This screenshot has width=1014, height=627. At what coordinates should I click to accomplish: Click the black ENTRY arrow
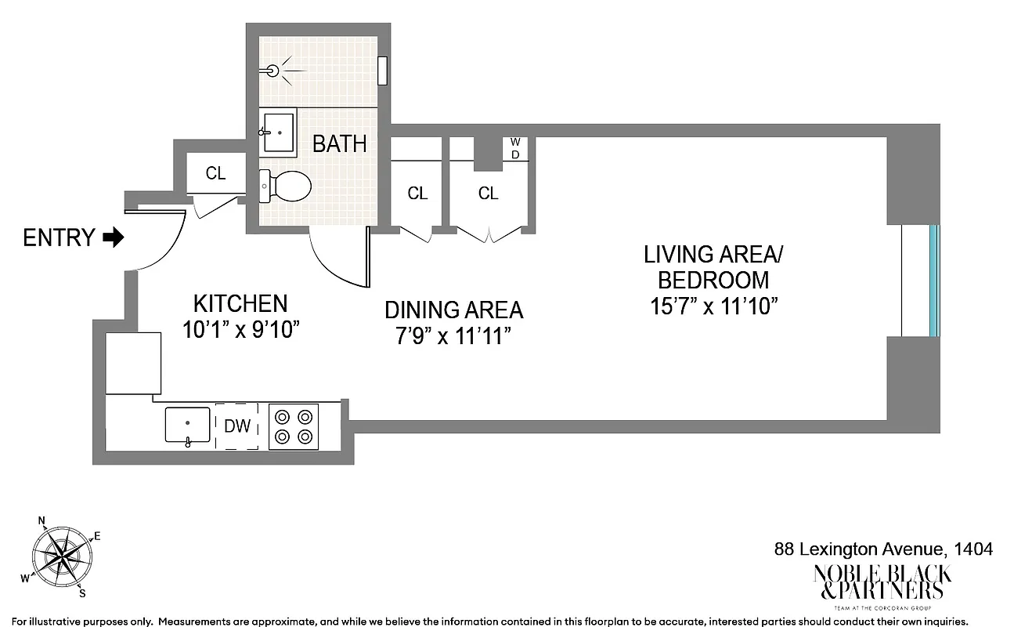click(x=114, y=237)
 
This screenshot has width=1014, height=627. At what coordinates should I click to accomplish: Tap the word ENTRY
click(x=60, y=237)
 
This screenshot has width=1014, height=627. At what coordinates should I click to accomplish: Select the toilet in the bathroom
click(x=287, y=186)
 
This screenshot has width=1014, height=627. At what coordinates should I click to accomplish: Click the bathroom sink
click(x=278, y=132)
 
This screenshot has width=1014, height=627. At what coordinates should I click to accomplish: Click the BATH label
click(x=339, y=143)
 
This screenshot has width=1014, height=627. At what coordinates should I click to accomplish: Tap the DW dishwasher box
click(x=237, y=426)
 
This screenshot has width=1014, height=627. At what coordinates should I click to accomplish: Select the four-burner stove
click(x=294, y=427)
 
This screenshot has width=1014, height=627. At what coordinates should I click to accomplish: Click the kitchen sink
click(x=188, y=426)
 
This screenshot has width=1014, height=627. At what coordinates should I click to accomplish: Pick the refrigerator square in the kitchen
click(x=133, y=364)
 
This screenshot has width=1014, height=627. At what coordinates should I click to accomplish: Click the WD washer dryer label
click(x=515, y=148)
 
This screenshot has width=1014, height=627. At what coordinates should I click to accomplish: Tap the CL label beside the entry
click(x=215, y=174)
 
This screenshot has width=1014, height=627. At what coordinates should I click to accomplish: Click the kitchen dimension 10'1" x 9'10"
click(x=240, y=332)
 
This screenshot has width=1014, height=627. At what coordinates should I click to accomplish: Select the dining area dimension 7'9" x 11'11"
click(x=453, y=337)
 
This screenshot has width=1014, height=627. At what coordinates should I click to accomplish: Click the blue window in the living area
click(x=933, y=281)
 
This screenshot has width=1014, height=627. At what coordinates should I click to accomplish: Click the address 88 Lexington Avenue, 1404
click(x=883, y=549)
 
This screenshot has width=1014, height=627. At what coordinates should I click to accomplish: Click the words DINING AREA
click(x=453, y=310)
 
